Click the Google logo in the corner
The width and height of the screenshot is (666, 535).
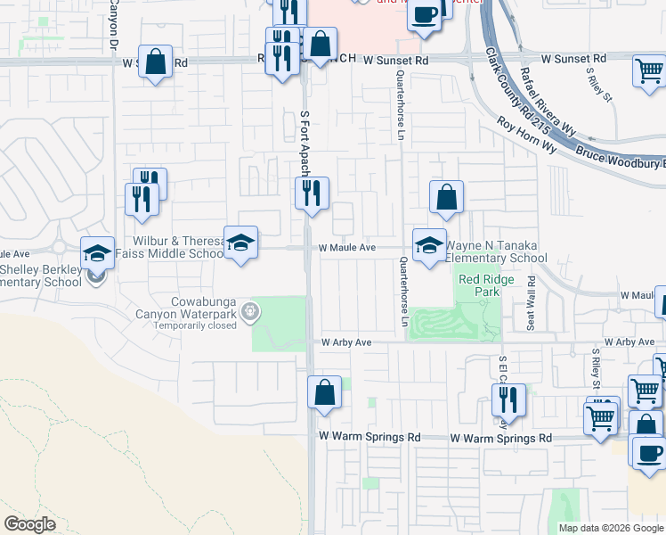pos(29,524)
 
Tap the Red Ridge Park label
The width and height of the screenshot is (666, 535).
pos(480,285)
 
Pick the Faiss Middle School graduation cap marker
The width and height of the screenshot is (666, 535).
pos(240,243)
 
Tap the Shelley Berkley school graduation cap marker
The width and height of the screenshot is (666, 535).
pos(98,253)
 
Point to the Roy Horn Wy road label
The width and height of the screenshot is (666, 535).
pos(526,136)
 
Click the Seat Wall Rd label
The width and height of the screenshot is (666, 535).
pos(532,303)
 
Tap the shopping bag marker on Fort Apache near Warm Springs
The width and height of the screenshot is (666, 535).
pos(324,391)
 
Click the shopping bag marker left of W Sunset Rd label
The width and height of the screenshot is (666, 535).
pos(156,62)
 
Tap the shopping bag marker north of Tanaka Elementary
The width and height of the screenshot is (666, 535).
pos(446,197)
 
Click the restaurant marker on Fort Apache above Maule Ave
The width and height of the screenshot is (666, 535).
pos(312,193)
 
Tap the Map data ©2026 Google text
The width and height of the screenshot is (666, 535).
pos(611,528)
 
